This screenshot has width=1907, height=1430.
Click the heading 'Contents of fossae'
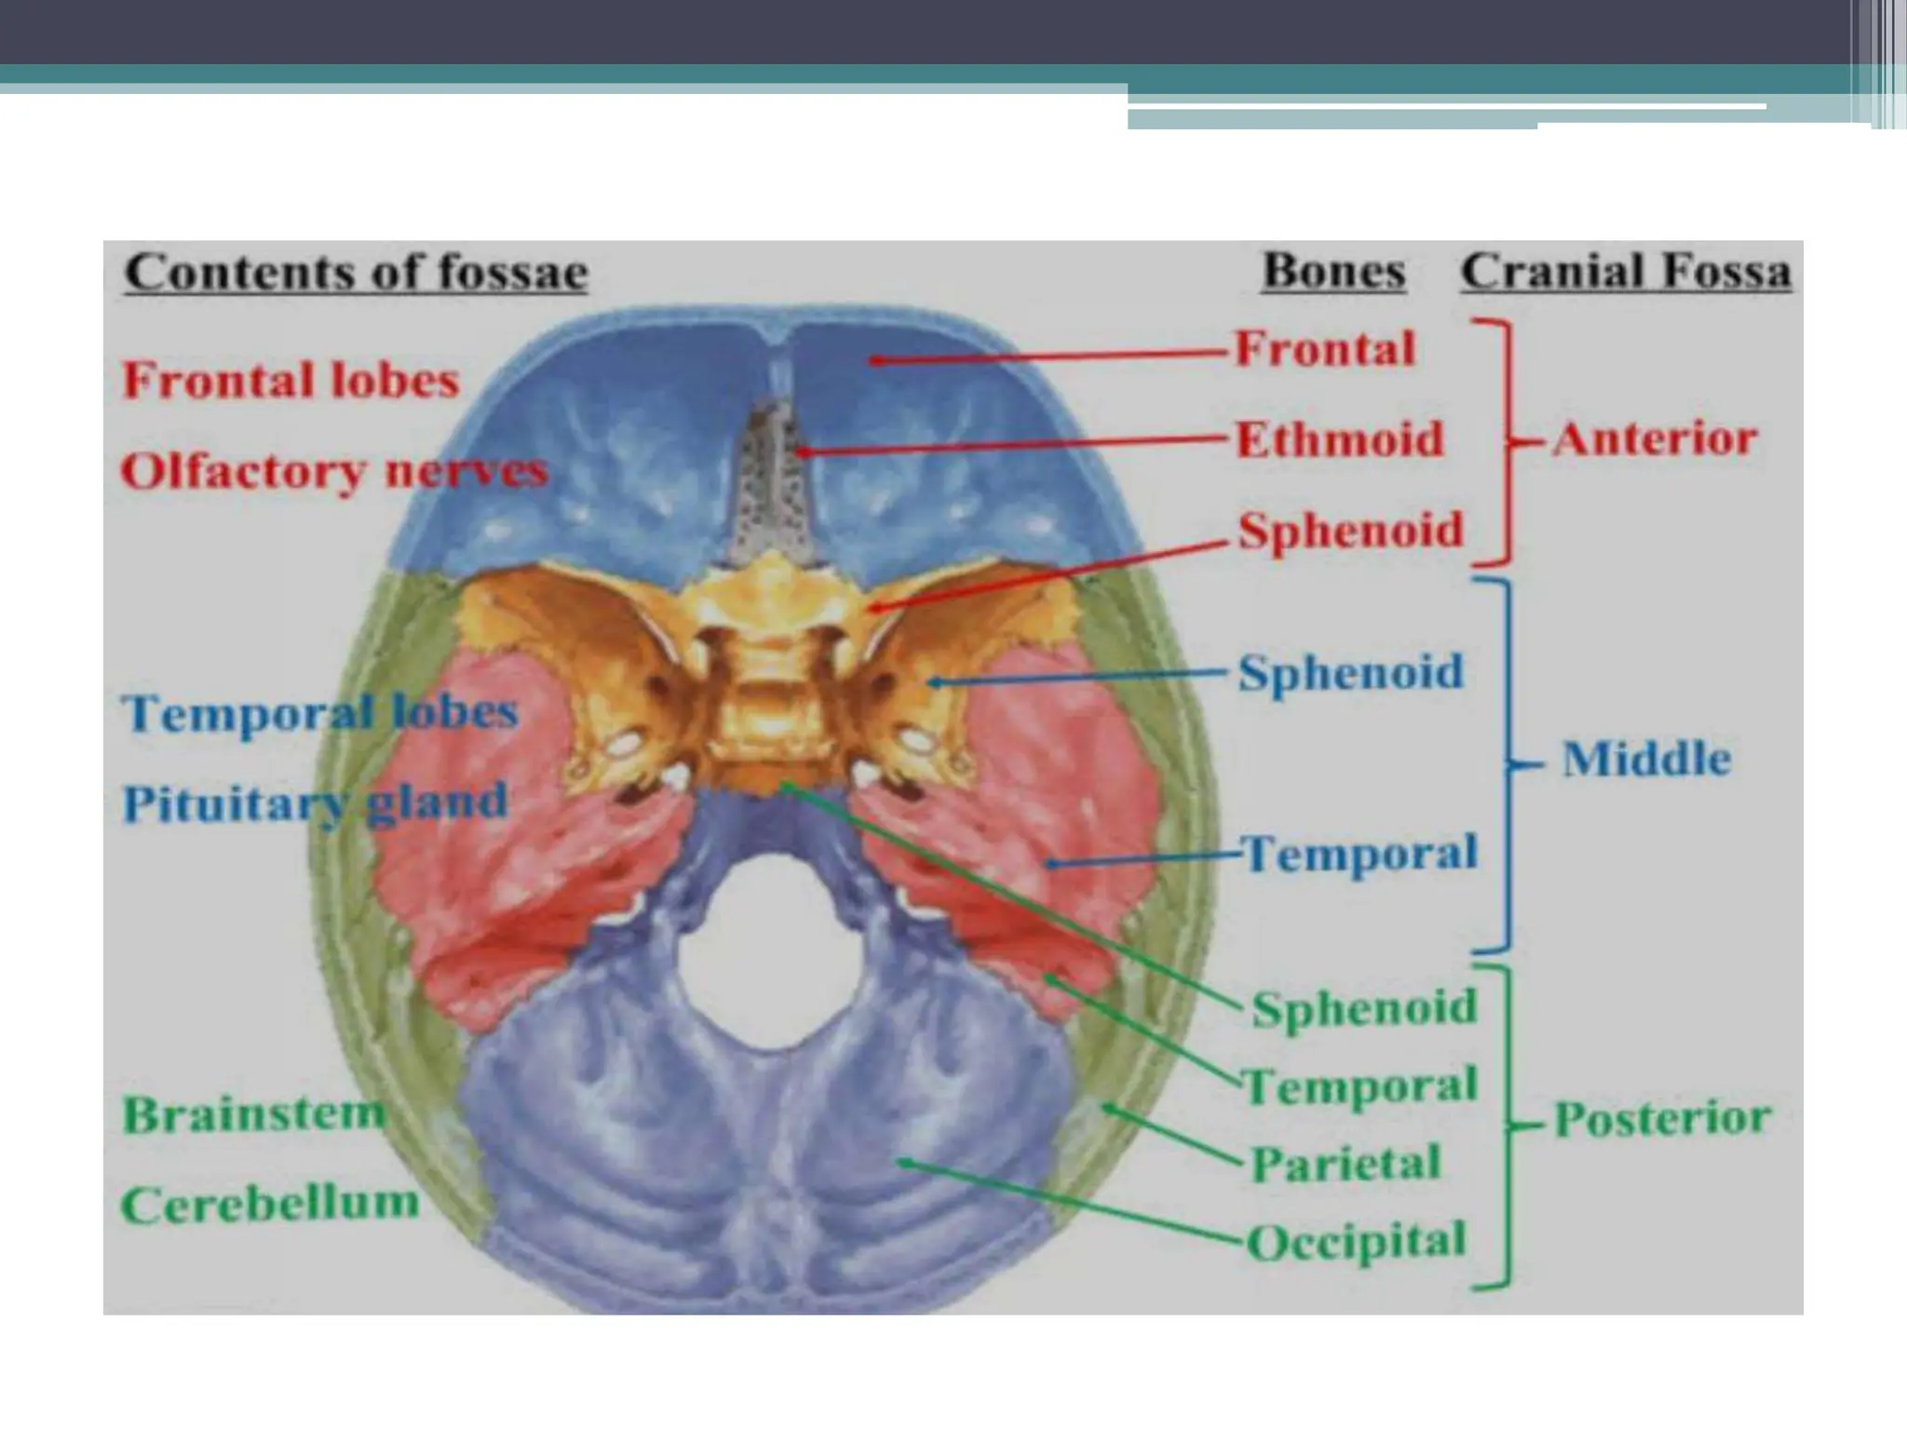coord(356,274)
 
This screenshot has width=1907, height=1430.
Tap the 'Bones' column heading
coord(1333,272)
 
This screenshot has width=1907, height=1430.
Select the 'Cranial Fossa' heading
coord(1626,272)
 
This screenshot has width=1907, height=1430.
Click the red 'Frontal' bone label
coord(1324,350)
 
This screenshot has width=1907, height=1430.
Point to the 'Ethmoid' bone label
coord(1339,439)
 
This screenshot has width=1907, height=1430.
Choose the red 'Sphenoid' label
coord(1350,531)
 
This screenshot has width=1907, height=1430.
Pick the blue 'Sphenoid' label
coord(1350,672)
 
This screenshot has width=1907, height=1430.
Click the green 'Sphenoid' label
coord(1363,1007)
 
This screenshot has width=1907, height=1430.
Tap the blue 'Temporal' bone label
coord(1359,853)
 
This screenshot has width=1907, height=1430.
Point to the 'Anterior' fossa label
coord(1654,439)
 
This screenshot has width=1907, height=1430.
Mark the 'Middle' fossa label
coord(1646,760)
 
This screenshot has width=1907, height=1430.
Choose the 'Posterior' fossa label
coord(1663,1119)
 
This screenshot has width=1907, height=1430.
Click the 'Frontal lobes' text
coord(291,381)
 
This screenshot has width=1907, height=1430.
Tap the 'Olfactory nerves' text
coord(333,471)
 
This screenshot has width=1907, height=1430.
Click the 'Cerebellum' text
coord(270,1205)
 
